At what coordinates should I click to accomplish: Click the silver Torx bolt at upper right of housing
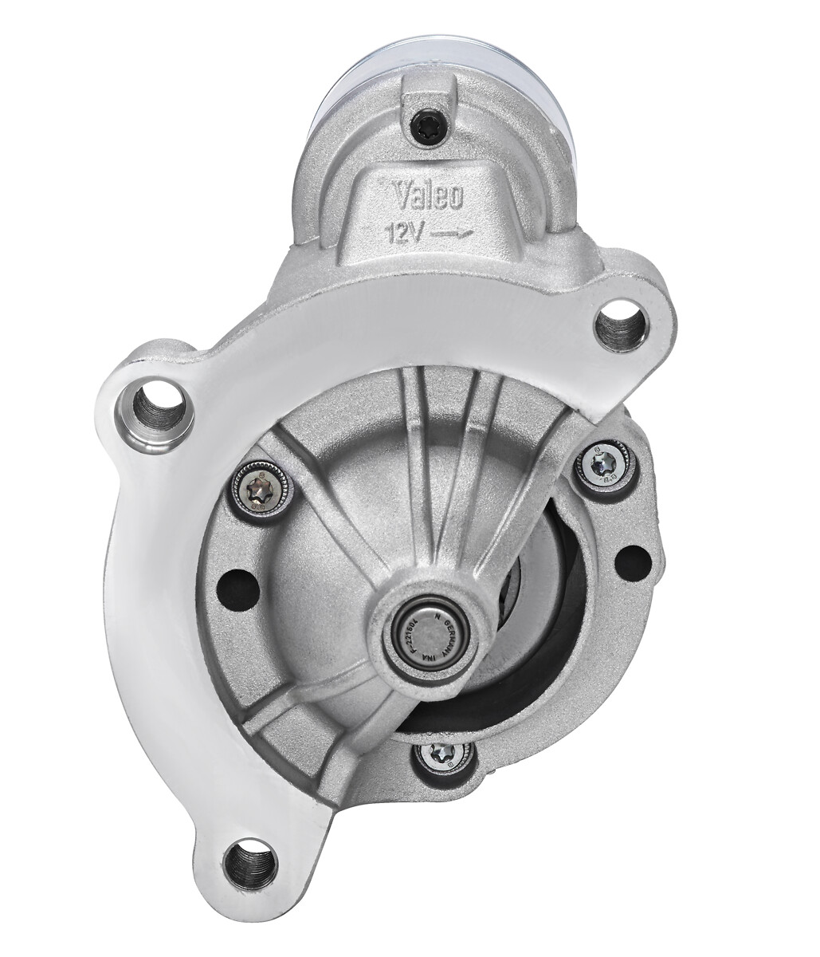pyautogui.click(x=604, y=465)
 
